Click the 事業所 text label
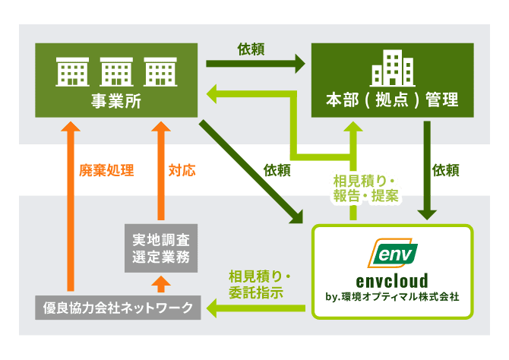pos(118,100)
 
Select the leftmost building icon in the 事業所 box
pos(74,74)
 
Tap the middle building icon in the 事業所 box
pos(118,74)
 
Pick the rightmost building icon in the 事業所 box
pos(160,74)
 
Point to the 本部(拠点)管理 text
pos(392,100)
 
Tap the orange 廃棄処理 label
pos(106,170)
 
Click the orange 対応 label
pos(182,170)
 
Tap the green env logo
pos(393,253)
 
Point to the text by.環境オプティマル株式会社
pos(393,296)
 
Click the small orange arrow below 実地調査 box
pos(161,284)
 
